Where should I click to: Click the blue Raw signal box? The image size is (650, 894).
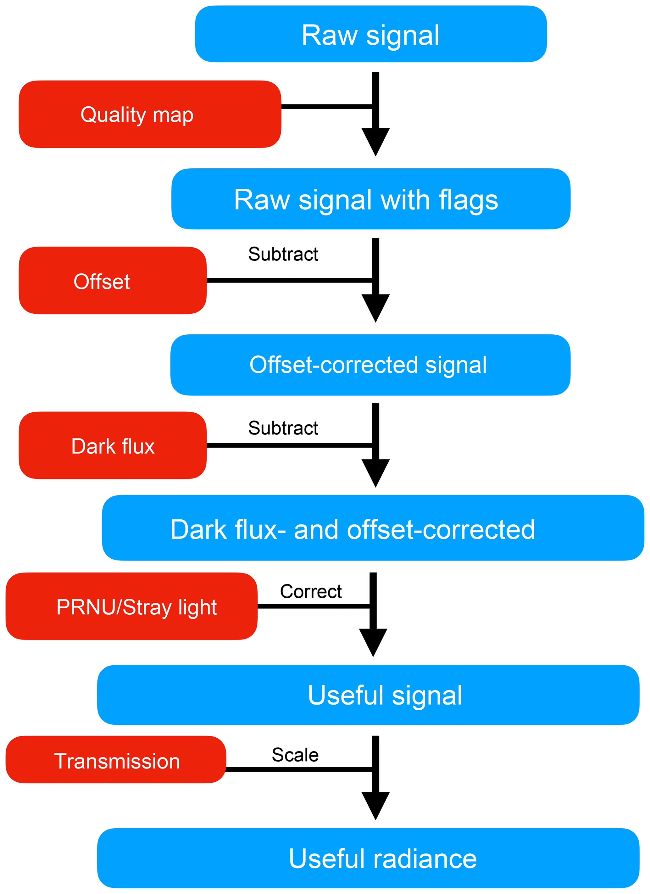point(370,34)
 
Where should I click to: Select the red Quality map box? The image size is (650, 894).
point(150,114)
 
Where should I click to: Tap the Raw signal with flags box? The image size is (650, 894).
point(370,199)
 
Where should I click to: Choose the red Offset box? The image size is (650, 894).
point(113,281)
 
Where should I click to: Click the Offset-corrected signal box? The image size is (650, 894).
point(370,365)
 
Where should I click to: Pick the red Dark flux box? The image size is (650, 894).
point(113,445)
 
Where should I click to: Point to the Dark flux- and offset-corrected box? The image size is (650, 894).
point(373,528)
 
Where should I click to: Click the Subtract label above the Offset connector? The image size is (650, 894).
point(283,254)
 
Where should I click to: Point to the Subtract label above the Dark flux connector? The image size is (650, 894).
point(283,428)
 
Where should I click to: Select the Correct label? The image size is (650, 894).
point(310,591)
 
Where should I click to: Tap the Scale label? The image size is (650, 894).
point(295,755)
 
